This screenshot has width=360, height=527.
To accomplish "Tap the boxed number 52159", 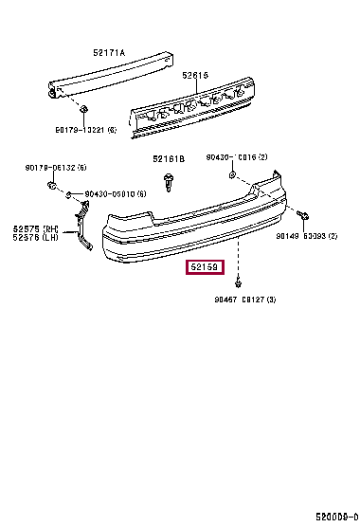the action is pyautogui.click(x=205, y=268).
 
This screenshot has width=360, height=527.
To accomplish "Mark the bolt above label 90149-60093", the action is pyautogui.click(x=299, y=215).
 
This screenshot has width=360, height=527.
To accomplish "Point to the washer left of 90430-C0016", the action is pyautogui.click(x=234, y=175).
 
